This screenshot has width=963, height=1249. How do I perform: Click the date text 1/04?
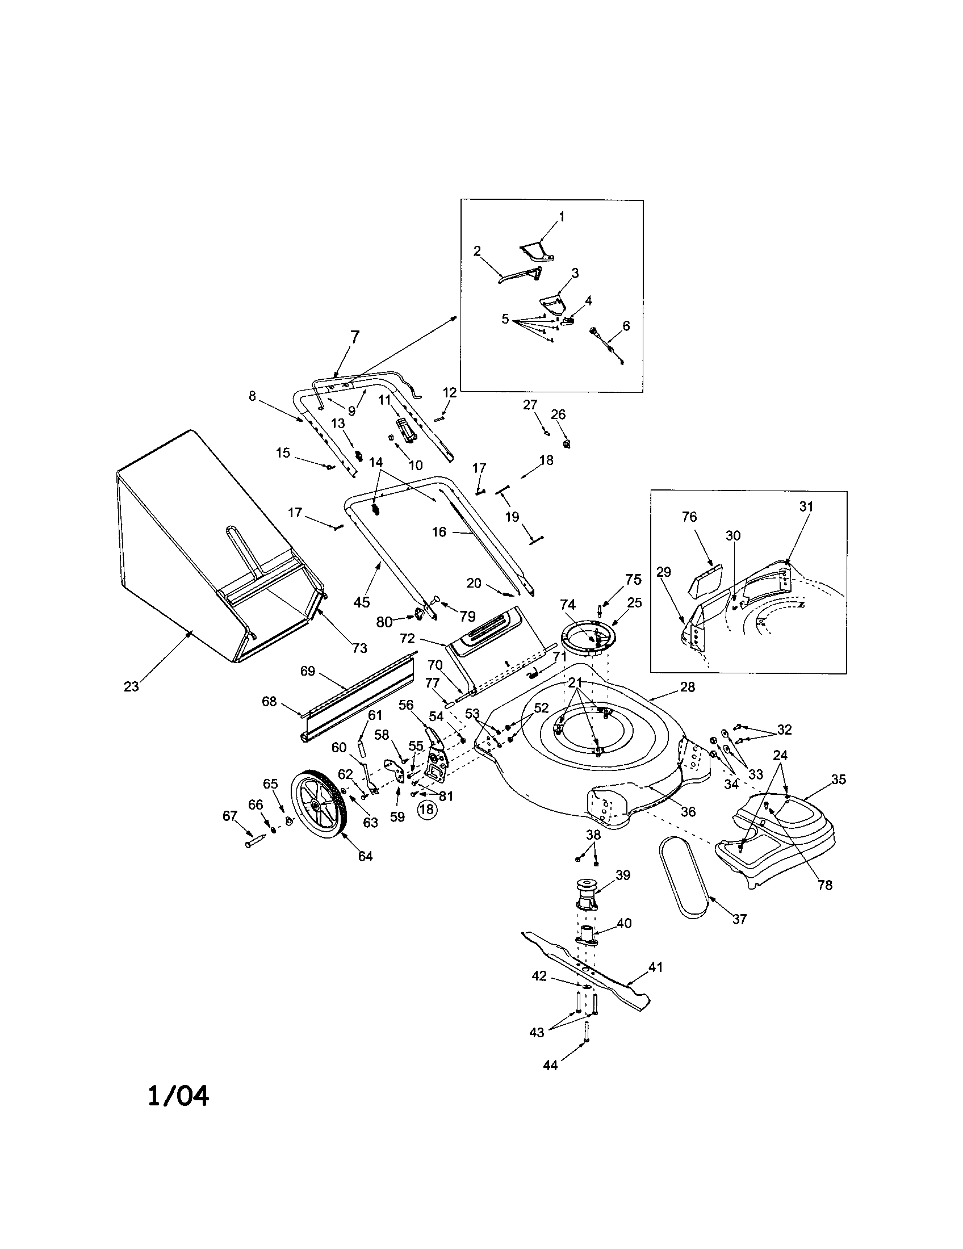tap(178, 1096)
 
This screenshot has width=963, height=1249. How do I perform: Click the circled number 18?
tap(427, 809)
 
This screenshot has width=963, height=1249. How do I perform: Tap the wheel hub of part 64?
tap(315, 804)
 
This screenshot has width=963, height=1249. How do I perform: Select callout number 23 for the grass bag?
tap(131, 686)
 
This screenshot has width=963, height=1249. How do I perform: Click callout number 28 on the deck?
tap(687, 687)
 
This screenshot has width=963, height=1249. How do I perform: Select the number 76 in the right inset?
tap(690, 517)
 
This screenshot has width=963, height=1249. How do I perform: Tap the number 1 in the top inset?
tap(562, 216)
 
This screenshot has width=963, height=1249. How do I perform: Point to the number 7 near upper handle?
tap(354, 337)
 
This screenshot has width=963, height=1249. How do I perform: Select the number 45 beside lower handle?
tap(362, 602)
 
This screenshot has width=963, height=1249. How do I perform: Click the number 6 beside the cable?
tap(626, 325)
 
